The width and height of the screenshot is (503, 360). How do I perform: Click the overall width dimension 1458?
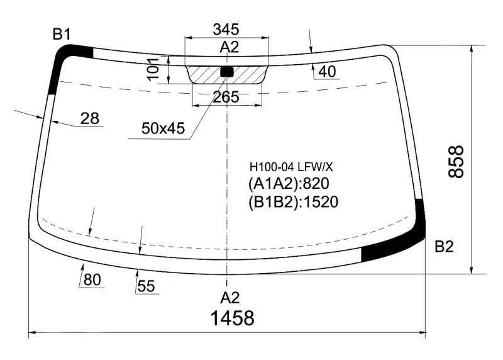(x=232, y=318)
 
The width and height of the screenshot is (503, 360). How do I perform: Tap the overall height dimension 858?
(x=456, y=162)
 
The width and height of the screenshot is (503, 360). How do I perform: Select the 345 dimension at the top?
(x=226, y=30)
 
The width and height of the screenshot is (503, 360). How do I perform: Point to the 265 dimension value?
(x=226, y=97)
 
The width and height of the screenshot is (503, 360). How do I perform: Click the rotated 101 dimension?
(x=153, y=69)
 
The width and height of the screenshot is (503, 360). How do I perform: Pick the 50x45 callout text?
(x=163, y=128)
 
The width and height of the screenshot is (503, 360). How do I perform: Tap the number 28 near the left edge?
(x=89, y=118)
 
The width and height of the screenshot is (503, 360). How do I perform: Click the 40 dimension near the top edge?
(x=327, y=72)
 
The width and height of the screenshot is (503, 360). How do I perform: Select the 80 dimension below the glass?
(x=92, y=279)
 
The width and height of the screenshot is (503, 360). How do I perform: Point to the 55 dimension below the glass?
(x=146, y=286)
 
